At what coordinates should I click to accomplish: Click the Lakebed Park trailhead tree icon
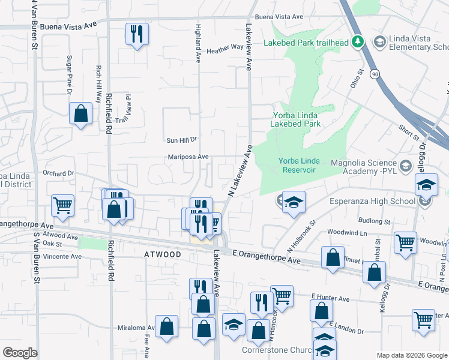click(x=358, y=41)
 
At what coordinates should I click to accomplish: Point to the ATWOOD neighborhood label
click(x=163, y=255)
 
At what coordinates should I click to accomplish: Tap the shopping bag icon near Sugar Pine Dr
click(x=80, y=114)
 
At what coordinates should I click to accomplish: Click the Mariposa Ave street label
click(x=188, y=157)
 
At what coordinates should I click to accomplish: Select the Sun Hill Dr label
click(x=181, y=140)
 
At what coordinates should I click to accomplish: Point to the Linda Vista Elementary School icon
click(x=379, y=41)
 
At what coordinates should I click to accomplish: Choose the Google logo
click(x=20, y=353)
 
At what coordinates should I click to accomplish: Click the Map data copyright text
click(x=411, y=355)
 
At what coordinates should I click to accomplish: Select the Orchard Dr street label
click(x=58, y=173)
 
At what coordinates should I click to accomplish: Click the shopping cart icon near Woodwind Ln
click(x=405, y=243)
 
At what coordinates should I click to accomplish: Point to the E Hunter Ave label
click(x=330, y=298)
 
